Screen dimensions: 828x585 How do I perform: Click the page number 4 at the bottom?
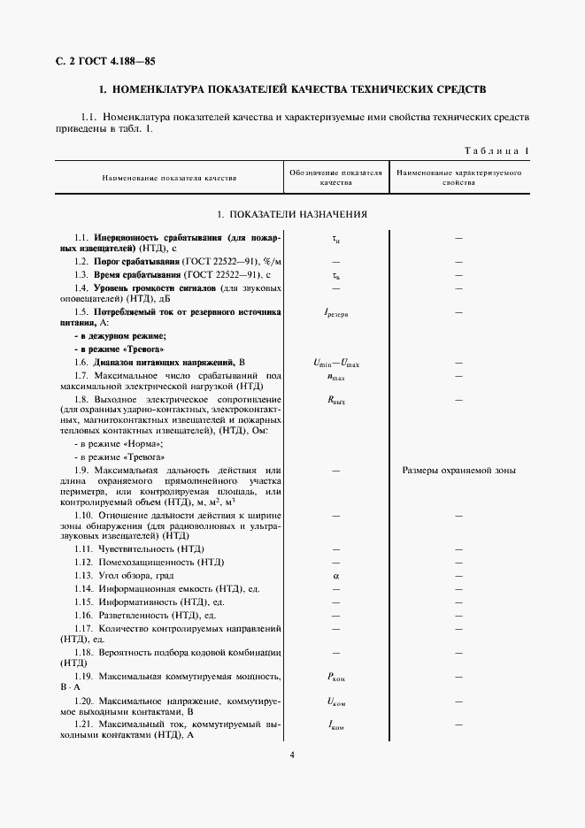tap(291, 755)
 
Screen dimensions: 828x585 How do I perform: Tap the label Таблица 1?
tap(496, 150)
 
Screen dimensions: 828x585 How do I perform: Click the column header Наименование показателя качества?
tap(169, 178)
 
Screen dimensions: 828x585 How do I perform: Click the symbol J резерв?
tap(336, 313)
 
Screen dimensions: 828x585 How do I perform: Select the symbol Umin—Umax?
tap(336, 363)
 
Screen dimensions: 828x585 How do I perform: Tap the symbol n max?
tap(336, 376)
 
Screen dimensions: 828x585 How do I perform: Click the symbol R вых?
tap(336, 400)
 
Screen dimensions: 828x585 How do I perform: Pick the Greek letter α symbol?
tap(336, 575)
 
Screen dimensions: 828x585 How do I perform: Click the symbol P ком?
tap(336, 677)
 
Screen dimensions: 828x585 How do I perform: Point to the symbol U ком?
tap(336, 701)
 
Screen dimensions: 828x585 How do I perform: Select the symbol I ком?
tap(336, 725)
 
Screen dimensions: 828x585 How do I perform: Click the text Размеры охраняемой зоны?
tap(458, 471)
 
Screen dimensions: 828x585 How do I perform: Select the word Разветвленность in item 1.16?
tap(135, 614)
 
